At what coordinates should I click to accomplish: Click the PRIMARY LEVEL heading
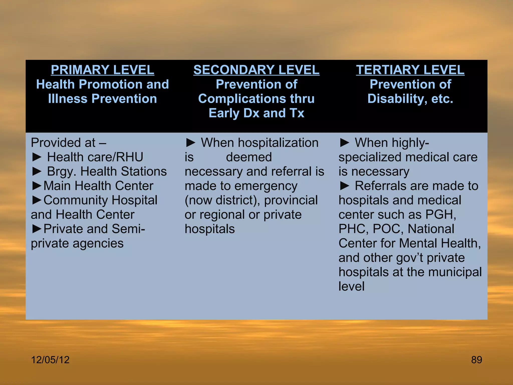102,70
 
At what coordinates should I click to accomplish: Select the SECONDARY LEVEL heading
256,70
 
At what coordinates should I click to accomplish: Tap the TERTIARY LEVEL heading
410,70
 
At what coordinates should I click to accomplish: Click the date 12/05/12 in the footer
50,360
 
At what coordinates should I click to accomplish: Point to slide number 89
476,360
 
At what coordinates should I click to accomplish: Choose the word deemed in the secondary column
249,157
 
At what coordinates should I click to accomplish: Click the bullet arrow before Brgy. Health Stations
37,172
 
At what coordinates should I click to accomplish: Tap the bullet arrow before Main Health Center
37,186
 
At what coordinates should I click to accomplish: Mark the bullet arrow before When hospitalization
191,143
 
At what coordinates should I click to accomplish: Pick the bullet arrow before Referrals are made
344,186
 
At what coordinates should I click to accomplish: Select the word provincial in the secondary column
291,200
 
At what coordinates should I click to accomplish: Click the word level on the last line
351,286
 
